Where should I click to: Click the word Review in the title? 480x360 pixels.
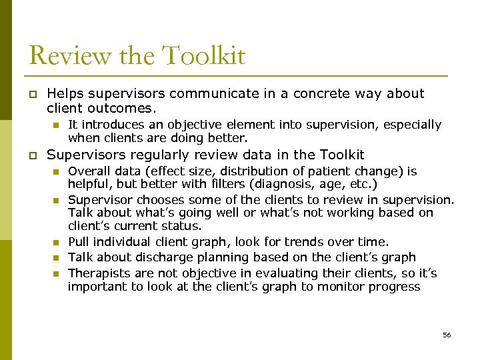pyautogui.click(x=62, y=55)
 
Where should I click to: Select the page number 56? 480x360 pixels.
pyautogui.click(x=447, y=335)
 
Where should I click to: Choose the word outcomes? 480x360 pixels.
pyautogui.click(x=119, y=107)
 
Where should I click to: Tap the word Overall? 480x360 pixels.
pyautogui.click(x=89, y=171)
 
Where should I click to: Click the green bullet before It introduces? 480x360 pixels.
pyautogui.click(x=57, y=125)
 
